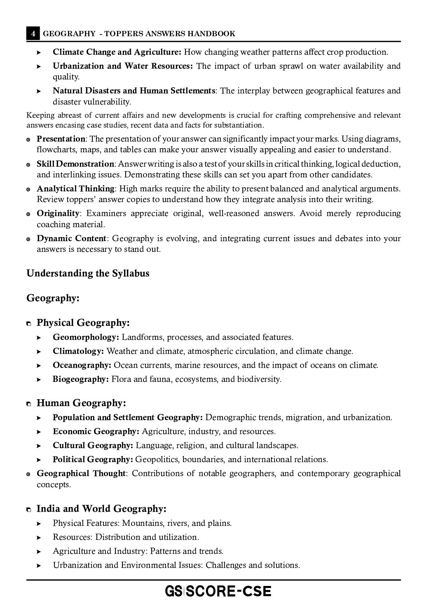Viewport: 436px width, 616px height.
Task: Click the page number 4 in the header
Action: tap(33, 34)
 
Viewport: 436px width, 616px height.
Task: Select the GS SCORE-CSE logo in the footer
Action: tap(218, 592)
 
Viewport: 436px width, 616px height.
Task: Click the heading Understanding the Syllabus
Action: tap(88, 274)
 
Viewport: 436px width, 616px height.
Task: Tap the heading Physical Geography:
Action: tap(83, 323)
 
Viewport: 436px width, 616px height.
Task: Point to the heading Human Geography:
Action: tap(81, 403)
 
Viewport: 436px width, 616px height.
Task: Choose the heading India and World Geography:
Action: tap(101, 509)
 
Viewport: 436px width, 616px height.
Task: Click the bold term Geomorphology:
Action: tap(86, 337)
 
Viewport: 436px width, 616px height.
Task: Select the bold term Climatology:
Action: tap(78, 351)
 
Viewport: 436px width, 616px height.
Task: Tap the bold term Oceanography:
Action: tap(82, 365)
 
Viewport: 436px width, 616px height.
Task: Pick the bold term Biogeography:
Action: tap(81, 379)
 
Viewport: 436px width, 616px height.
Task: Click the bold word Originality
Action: tap(58, 214)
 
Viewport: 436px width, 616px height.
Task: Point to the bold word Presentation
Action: tap(61, 139)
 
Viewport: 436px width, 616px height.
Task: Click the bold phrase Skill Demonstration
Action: tap(75, 164)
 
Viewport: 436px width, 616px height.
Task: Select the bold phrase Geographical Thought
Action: tap(81, 474)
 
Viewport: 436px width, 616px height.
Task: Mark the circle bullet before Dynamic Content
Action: tap(28, 239)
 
